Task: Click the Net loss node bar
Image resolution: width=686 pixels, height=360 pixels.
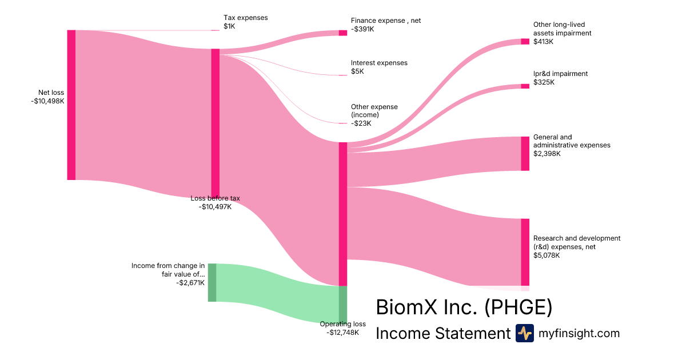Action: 71,105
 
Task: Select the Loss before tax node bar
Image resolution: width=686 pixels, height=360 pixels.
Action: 216,123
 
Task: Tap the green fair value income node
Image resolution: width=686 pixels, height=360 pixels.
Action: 212,282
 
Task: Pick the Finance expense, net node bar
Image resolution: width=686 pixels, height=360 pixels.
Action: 343,33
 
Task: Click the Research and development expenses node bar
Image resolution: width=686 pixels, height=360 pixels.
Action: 525,252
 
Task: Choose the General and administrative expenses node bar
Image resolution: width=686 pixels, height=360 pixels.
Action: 525,154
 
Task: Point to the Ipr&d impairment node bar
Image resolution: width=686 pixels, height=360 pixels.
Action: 525,86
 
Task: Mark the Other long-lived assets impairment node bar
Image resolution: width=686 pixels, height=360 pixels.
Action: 525,41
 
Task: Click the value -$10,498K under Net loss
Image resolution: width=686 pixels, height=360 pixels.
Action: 47,101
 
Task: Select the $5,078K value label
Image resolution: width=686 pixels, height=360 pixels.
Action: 547,255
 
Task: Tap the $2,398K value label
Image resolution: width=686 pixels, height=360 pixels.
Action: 547,154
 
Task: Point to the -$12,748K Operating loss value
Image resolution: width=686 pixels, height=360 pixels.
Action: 342,333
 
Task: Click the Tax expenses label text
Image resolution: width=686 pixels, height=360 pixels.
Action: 245,18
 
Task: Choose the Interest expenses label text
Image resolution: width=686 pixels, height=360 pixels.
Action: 379,63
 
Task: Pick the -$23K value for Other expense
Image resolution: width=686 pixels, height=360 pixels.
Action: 361,123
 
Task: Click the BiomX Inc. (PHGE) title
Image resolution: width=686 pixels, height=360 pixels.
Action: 464,307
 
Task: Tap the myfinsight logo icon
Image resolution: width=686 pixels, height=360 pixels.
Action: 524,333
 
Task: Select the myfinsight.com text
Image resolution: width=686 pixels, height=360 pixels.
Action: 579,333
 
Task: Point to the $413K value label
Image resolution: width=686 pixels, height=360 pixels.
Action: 543,41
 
